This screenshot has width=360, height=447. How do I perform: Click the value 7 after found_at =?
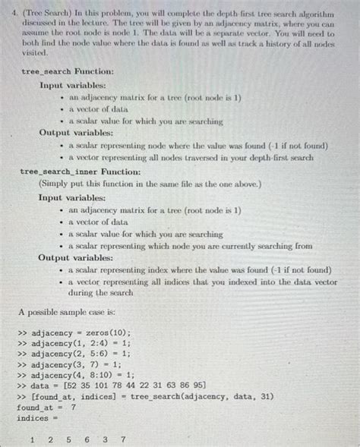(x=74, y=408)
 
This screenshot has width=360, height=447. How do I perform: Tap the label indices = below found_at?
(x=33, y=417)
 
